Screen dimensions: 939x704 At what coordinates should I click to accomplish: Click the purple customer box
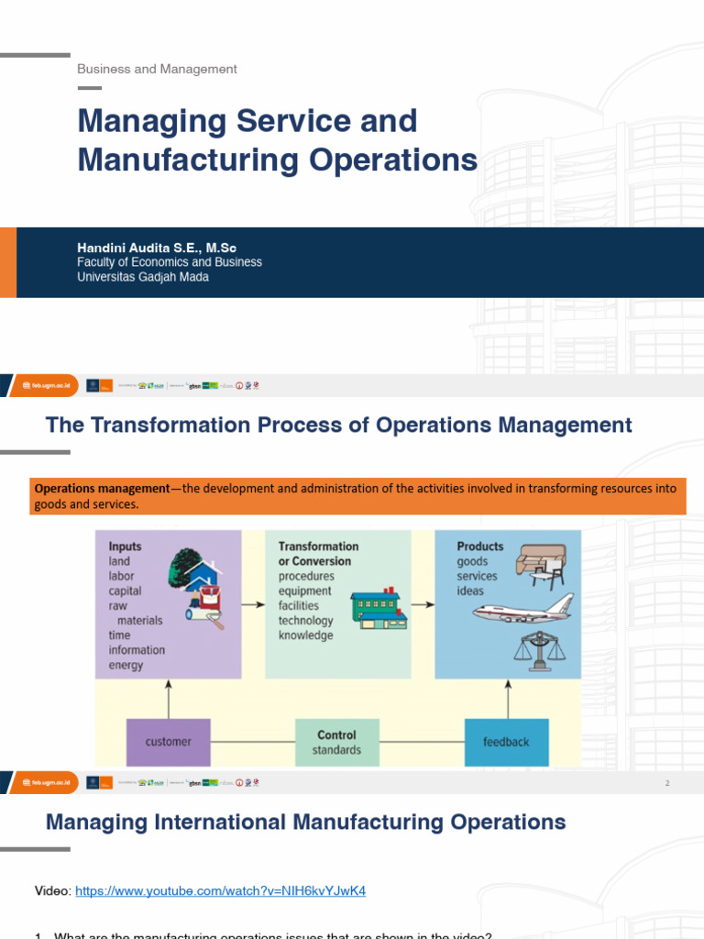[168, 741]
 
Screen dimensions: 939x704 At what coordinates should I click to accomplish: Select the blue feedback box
[506, 741]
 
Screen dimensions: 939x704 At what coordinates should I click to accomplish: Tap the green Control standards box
[337, 742]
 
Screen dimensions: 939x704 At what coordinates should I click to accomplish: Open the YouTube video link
[220, 890]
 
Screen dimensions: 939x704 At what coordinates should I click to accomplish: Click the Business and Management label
[157, 69]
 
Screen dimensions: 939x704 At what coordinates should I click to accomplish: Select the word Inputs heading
[125, 547]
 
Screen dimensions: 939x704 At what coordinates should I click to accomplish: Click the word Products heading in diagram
[480, 547]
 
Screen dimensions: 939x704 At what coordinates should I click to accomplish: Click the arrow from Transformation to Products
[422, 605]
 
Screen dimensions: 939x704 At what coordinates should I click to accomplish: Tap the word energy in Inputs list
[126, 665]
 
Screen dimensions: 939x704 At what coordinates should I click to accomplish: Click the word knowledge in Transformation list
[305, 635]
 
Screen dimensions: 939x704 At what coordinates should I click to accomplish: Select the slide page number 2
[667, 783]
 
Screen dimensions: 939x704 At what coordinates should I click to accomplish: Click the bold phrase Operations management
[102, 488]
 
